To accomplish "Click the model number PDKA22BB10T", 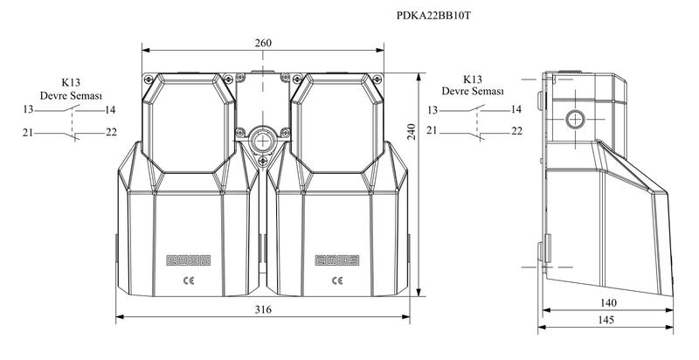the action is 433,16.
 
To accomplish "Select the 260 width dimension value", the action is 263,43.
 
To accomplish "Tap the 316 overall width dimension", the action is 263,309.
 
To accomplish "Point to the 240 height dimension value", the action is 411,132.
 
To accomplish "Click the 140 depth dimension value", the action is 608,303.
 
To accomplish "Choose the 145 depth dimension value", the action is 606,320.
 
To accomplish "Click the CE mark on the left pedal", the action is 189,280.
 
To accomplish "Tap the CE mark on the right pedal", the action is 337,280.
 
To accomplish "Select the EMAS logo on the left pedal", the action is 188,260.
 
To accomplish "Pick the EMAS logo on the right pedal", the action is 337,260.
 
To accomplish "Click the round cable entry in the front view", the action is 263,142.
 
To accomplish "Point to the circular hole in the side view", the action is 575,120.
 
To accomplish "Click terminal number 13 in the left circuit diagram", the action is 29,109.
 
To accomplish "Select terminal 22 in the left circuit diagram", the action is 112,132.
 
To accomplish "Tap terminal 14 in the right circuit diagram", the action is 516,109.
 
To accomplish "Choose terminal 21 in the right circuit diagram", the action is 432,130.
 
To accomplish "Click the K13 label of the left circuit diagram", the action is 71,82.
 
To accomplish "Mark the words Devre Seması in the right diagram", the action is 473,91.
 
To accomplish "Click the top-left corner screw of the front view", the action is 148,80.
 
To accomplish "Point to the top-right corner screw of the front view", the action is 377,80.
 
